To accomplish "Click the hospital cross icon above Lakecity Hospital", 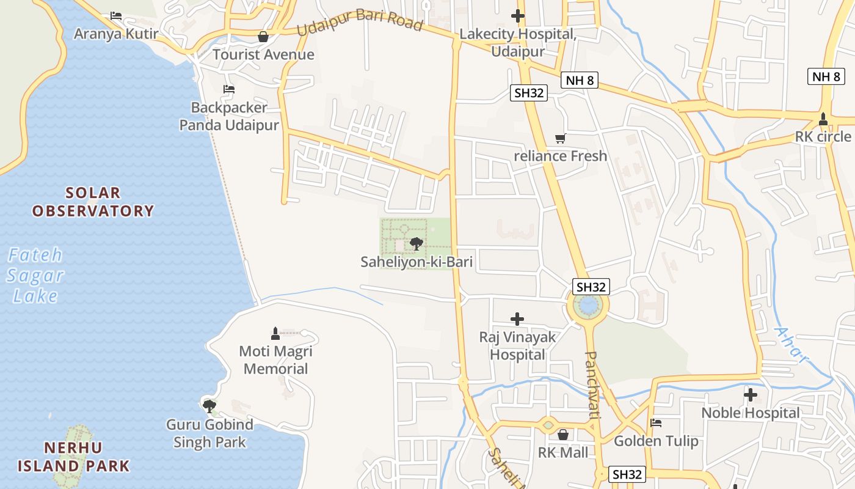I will click(518, 16).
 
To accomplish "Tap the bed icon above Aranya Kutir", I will click(116, 16).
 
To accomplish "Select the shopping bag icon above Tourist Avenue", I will click(263, 37).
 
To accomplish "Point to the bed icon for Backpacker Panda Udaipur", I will click(229, 89).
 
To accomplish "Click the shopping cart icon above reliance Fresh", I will click(560, 139).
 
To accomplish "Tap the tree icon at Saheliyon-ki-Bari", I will click(417, 244).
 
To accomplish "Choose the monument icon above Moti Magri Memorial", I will click(275, 333).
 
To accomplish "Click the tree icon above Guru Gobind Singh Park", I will click(209, 406).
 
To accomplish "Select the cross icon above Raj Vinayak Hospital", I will click(517, 319).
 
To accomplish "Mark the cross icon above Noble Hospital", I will click(751, 395).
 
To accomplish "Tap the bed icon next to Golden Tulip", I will click(656, 423).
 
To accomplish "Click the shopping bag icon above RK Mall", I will click(563, 435).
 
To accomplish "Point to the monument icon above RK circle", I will click(823, 118).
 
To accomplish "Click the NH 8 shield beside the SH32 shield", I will click(578, 80).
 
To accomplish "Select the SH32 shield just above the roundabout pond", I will click(591, 287).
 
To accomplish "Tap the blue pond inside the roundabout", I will click(588, 305).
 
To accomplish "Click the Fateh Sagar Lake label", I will click(35, 275).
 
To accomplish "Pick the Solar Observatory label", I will click(93, 202).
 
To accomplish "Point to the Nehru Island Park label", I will click(73, 457).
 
